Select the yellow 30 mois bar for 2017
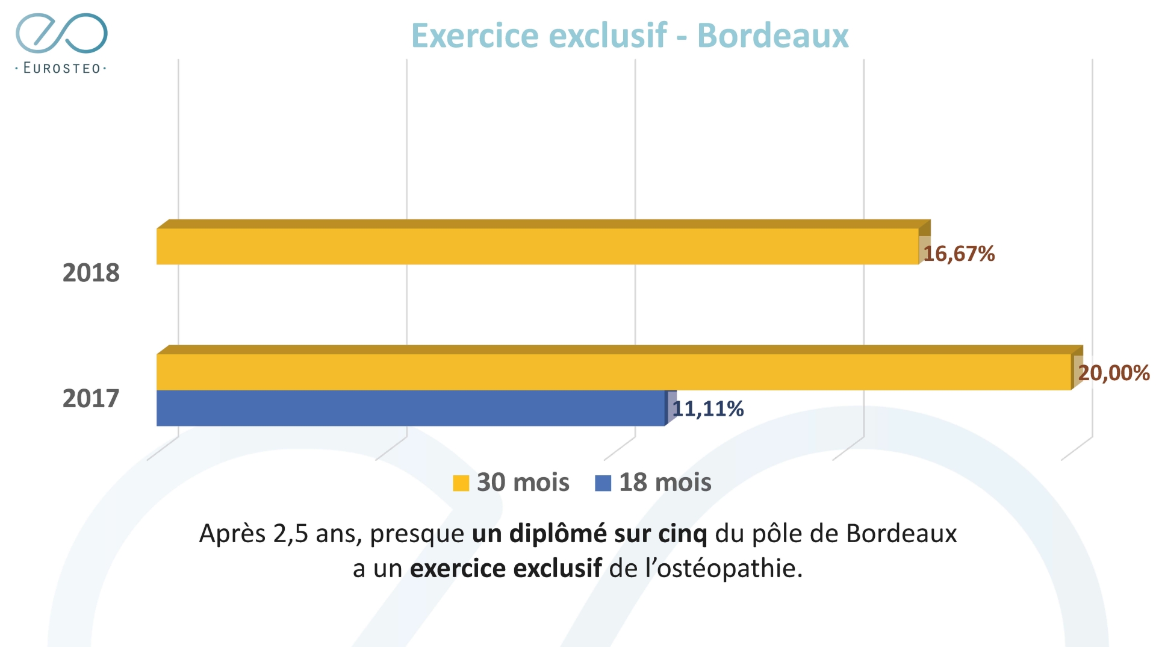click(614, 372)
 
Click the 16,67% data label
click(959, 254)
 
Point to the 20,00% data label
click(1113, 373)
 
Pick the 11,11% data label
click(708, 409)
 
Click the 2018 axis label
click(91, 273)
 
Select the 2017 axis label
click(91, 399)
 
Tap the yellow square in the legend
click(461, 483)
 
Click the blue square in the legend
click(603, 483)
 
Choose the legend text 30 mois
click(523, 483)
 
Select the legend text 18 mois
click(665, 483)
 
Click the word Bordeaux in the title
click(772, 36)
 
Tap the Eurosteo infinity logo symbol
click(61, 33)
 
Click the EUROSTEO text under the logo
click(61, 68)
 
